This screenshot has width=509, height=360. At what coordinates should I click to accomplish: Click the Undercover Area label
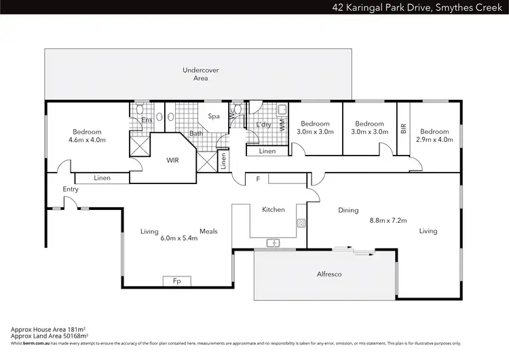195,74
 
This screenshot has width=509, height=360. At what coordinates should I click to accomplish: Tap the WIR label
173,161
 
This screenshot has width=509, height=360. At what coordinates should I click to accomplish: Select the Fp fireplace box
176,281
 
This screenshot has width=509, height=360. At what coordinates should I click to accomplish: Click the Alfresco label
329,274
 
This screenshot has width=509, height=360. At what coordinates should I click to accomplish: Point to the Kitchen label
274,210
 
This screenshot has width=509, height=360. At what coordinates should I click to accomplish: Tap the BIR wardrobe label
404,127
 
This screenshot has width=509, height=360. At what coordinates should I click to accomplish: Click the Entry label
71,190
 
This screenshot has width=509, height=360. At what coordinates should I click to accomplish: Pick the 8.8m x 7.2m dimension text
387,221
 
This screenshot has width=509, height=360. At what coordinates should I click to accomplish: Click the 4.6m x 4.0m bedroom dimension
87,140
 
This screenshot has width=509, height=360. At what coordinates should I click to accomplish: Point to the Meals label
208,232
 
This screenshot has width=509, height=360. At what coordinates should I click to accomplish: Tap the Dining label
348,211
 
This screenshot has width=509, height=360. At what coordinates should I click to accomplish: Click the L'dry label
264,124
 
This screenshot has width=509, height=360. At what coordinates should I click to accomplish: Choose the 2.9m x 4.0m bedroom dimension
434,140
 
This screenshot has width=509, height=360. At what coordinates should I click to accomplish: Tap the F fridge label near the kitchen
257,179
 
